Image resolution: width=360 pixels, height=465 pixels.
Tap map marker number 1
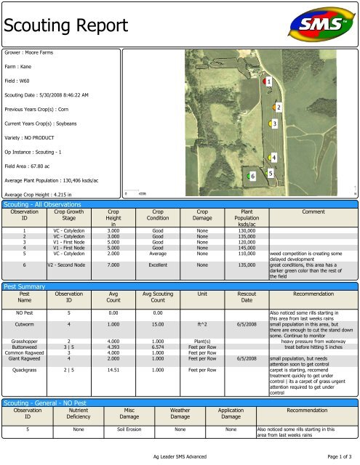pos(268,82)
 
